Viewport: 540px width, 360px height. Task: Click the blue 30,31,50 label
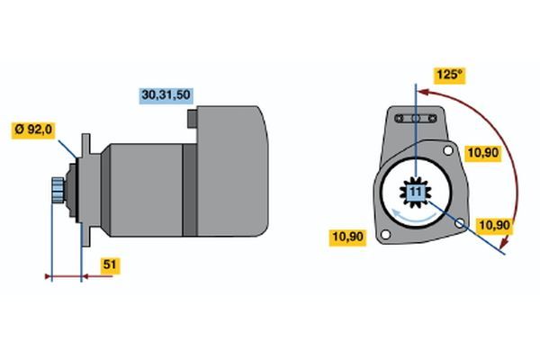(166, 95)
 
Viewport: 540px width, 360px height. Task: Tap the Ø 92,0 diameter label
(33, 130)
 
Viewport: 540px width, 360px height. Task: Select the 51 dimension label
(110, 265)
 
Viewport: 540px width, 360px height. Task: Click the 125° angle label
(449, 75)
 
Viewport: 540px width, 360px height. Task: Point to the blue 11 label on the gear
(416, 192)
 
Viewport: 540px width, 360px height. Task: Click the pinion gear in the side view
(58, 190)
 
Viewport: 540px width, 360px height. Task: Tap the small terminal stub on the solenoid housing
(193, 119)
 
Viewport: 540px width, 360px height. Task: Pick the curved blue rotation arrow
(413, 216)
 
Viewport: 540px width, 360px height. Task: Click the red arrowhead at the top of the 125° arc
(423, 92)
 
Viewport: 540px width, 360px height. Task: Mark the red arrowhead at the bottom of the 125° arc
(504, 243)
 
